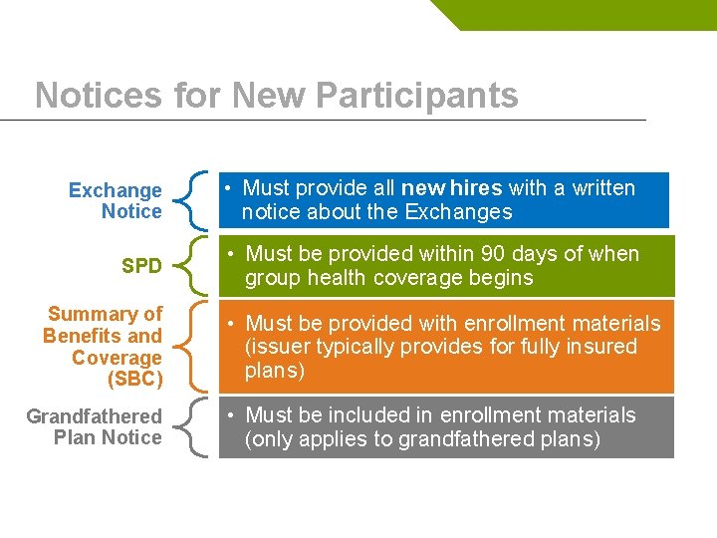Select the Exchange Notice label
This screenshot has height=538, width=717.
(116, 200)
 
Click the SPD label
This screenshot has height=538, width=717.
(141, 266)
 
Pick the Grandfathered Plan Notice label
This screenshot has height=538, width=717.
(95, 426)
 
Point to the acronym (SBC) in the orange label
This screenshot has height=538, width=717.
(133, 380)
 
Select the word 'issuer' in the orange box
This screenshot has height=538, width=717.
(277, 347)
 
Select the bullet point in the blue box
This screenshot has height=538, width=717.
(229, 188)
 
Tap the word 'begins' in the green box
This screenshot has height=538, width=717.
(502, 278)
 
